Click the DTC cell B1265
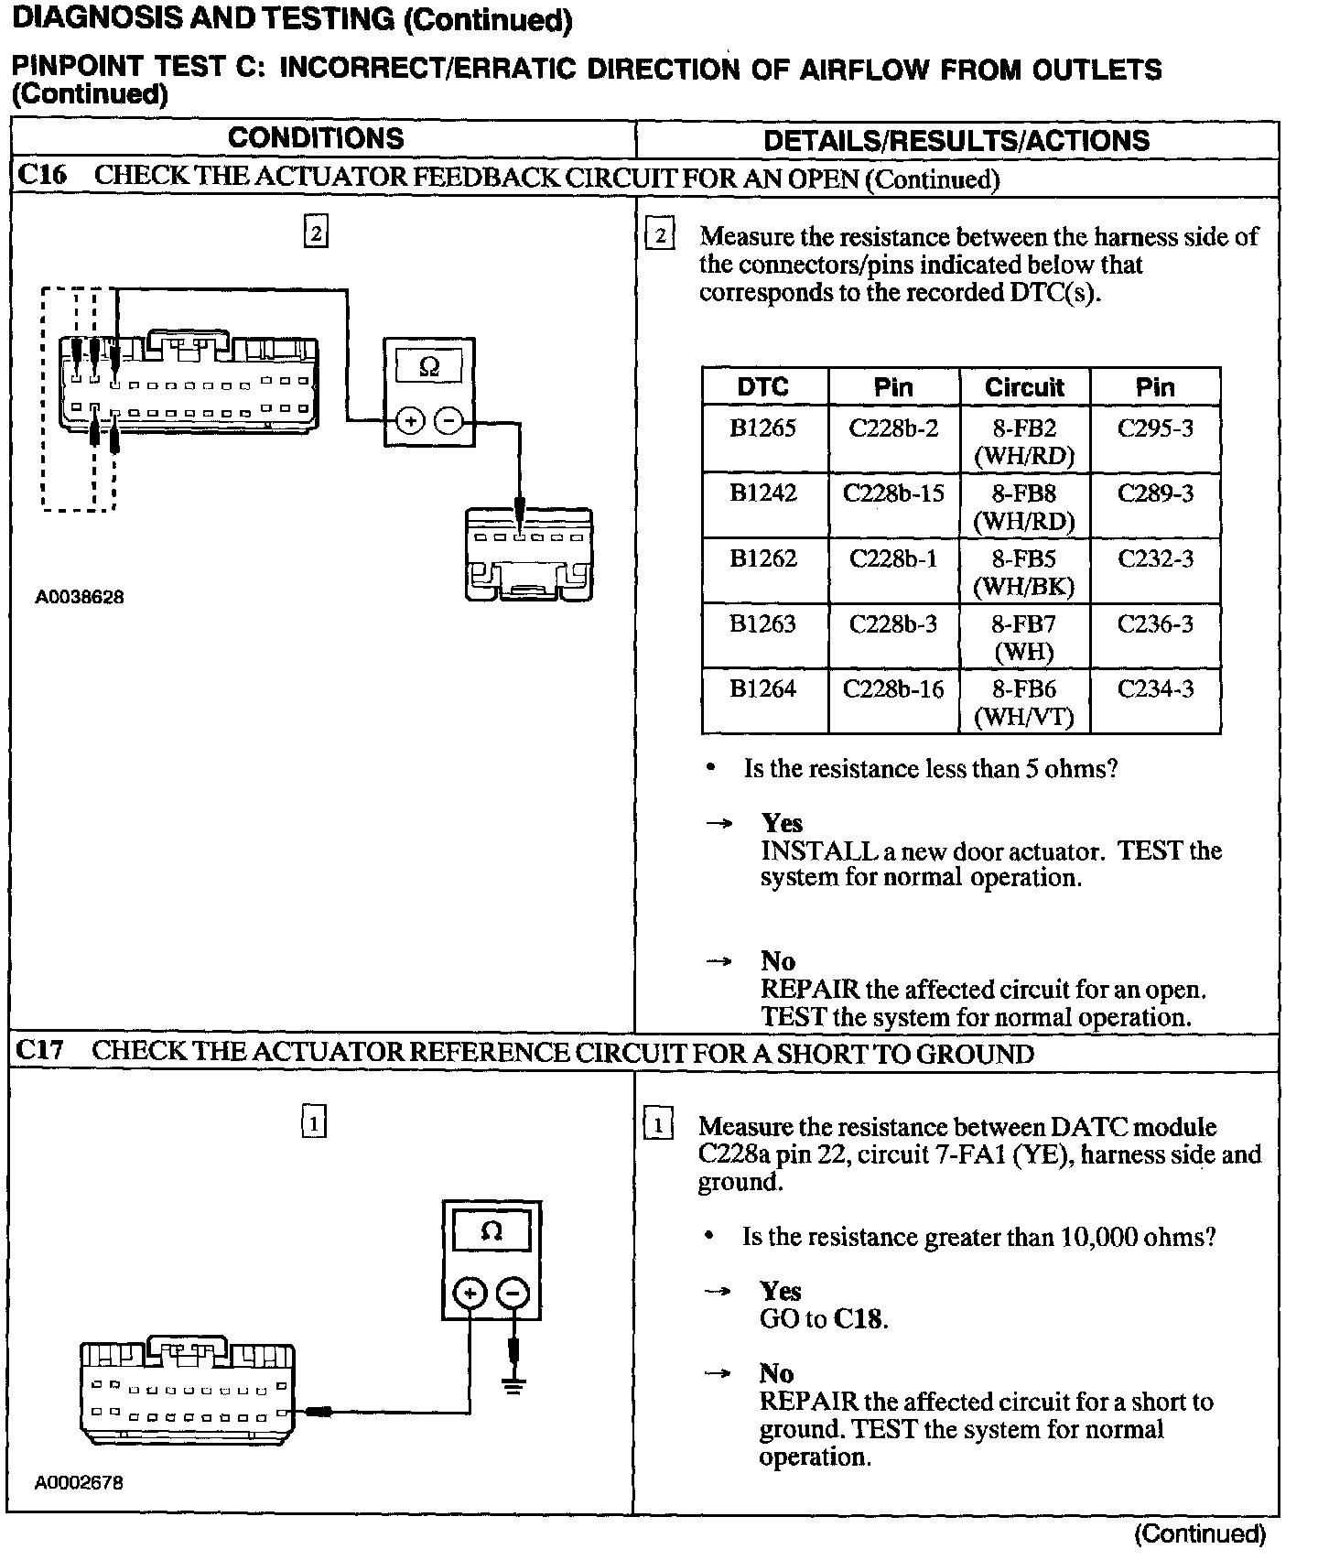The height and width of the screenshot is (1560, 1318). click(x=763, y=429)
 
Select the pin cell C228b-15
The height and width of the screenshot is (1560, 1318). click(x=892, y=494)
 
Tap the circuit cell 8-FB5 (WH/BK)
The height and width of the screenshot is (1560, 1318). click(x=1024, y=571)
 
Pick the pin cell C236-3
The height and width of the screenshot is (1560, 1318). click(x=1155, y=624)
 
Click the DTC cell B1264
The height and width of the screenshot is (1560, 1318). click(x=763, y=689)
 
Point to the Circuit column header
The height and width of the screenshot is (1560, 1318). click(x=1024, y=387)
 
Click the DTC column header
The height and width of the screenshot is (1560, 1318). click(x=763, y=387)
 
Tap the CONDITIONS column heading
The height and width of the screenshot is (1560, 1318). click(x=316, y=139)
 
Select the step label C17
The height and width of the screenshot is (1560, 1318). click(x=41, y=1050)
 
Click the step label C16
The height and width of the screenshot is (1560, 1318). click(x=42, y=175)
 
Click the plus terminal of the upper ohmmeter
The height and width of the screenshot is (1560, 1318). click(x=411, y=420)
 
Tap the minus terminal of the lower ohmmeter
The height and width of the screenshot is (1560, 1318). click(x=513, y=1294)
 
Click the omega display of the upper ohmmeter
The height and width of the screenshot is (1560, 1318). click(x=429, y=367)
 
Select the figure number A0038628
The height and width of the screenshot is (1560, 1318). click(x=80, y=597)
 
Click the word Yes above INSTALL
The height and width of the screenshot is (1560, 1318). click(x=782, y=823)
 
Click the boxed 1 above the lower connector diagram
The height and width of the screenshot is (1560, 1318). click(x=314, y=1121)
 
